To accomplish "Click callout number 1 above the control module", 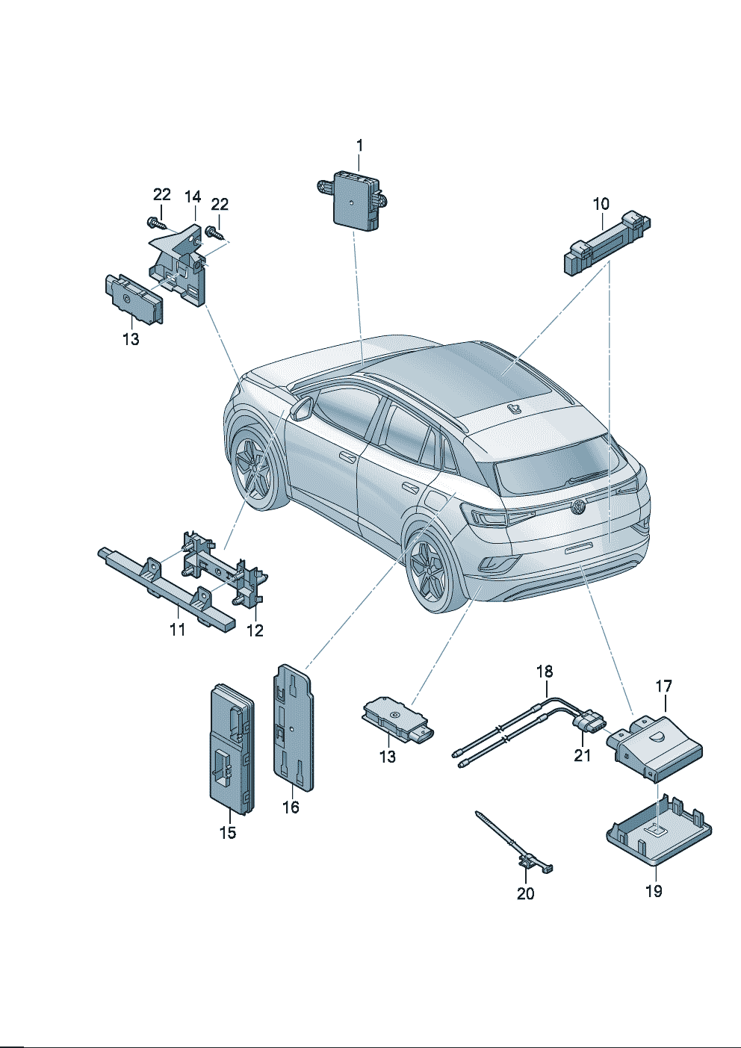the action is pos(359,146).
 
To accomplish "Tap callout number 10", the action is pos(601,204).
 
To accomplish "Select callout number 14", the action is pos(192,197).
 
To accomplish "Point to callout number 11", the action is pos(177,630).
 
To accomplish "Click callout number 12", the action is pos(255,630).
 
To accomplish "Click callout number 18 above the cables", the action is pos(545,672).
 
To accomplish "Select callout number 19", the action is pos(654,892).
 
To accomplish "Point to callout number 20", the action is pos(525,893).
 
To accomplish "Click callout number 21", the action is pos(583,755).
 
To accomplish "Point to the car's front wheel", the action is pos(253,469).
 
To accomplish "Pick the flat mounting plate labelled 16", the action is pos(294,728).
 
